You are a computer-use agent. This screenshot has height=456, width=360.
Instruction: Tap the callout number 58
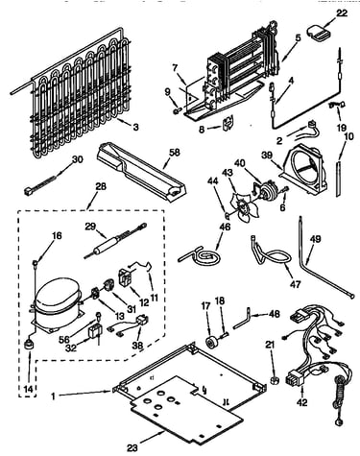coord(175,152)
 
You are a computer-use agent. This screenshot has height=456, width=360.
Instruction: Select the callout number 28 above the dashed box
coord(101,186)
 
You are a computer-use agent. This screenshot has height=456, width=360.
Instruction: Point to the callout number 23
coord(132,447)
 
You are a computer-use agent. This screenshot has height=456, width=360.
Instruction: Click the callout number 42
coord(301,402)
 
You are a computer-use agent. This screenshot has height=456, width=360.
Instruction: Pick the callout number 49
coord(316,239)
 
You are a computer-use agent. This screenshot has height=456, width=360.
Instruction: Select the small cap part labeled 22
coord(318,33)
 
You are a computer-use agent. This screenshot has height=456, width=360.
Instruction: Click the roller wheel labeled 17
coord(211,343)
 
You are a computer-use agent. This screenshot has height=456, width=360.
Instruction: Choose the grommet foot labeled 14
coord(30,346)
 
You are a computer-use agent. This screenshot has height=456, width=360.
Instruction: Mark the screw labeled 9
coord(177,110)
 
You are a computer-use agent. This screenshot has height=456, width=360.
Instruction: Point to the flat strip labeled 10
coord(339,179)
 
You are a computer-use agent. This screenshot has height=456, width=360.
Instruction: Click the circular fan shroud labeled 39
coord(304,171)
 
